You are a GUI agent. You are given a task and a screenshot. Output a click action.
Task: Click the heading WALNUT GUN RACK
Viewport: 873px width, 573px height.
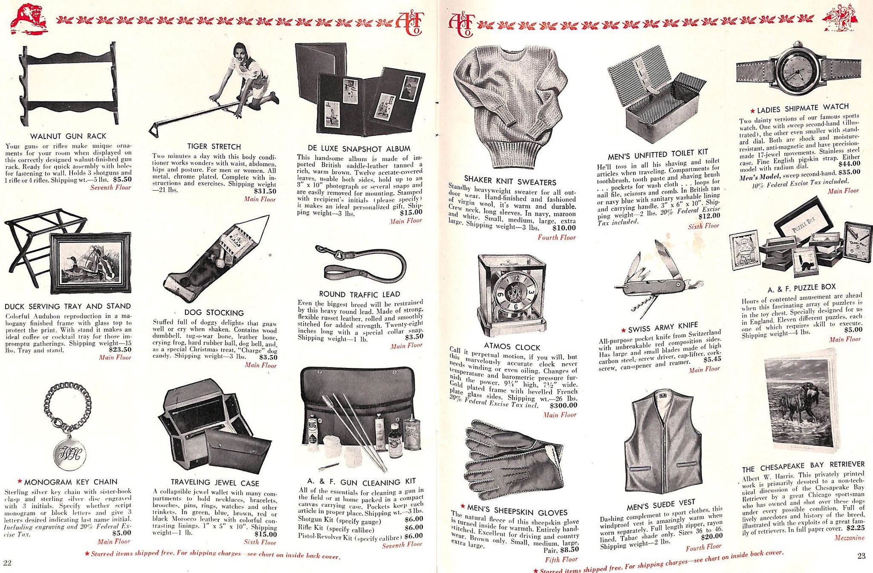pyautogui.click(x=68, y=136)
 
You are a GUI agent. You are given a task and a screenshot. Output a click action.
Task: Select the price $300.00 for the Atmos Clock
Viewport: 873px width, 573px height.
pyautogui.click(x=563, y=405)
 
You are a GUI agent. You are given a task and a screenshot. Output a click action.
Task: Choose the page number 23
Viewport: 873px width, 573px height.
pyautogui.click(x=861, y=556)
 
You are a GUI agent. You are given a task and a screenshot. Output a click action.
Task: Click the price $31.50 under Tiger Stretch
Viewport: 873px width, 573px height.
pyautogui.click(x=265, y=191)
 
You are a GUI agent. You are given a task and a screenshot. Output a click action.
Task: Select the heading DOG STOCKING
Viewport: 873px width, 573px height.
pyautogui.click(x=214, y=313)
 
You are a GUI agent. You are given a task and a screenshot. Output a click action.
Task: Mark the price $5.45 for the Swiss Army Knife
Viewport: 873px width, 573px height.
pyautogui.click(x=712, y=359)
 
